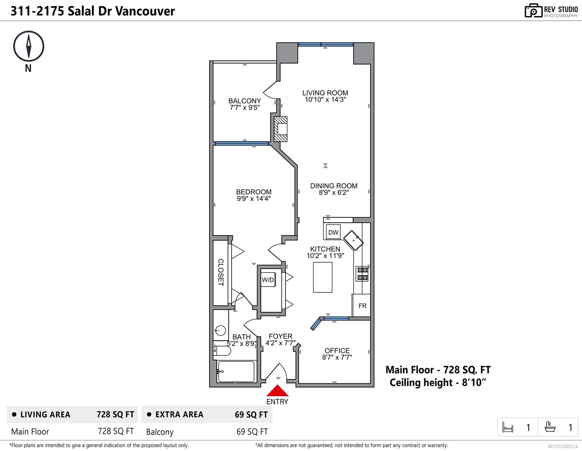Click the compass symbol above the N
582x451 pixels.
tap(29, 46)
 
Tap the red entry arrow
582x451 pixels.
tap(277, 391)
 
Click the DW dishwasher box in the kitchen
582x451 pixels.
tap(333, 232)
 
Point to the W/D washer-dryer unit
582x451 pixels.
tap(268, 280)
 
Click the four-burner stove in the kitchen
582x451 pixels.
tap(362, 274)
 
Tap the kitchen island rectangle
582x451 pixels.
tap(323, 277)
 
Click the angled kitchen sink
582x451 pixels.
tap(353, 240)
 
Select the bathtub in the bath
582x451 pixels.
tap(236, 371)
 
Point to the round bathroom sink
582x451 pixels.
tap(220, 331)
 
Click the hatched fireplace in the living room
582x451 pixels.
tap(281, 129)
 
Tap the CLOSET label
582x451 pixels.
tap(221, 272)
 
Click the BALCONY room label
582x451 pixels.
tap(244, 101)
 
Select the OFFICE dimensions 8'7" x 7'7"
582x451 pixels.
tap(337, 357)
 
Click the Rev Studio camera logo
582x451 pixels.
tap(534, 11)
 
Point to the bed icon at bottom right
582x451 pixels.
tap(507, 427)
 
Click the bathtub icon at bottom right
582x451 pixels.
tap(550, 427)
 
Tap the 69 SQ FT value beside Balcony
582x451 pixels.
tap(252, 431)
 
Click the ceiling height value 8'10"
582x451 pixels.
tap(474, 383)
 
